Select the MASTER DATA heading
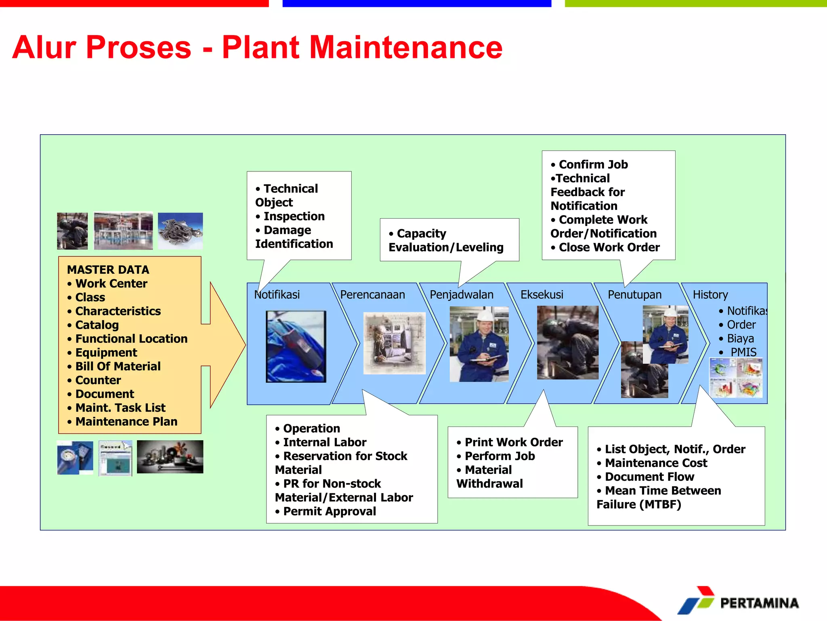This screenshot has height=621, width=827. tap(108, 270)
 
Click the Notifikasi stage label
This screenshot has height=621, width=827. tap(277, 295)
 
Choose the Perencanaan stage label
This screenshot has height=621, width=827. tap(372, 295)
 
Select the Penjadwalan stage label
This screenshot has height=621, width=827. tap(462, 295)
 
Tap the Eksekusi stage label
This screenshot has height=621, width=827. tap(542, 295)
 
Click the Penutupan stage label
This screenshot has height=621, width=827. tap(634, 295)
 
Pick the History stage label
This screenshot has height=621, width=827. tap(710, 295)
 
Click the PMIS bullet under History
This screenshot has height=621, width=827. tap(743, 352)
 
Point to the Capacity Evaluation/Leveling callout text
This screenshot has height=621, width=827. tap(446, 241)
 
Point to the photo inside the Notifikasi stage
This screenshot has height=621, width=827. tap(296, 346)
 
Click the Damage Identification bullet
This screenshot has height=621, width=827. tap(294, 237)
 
